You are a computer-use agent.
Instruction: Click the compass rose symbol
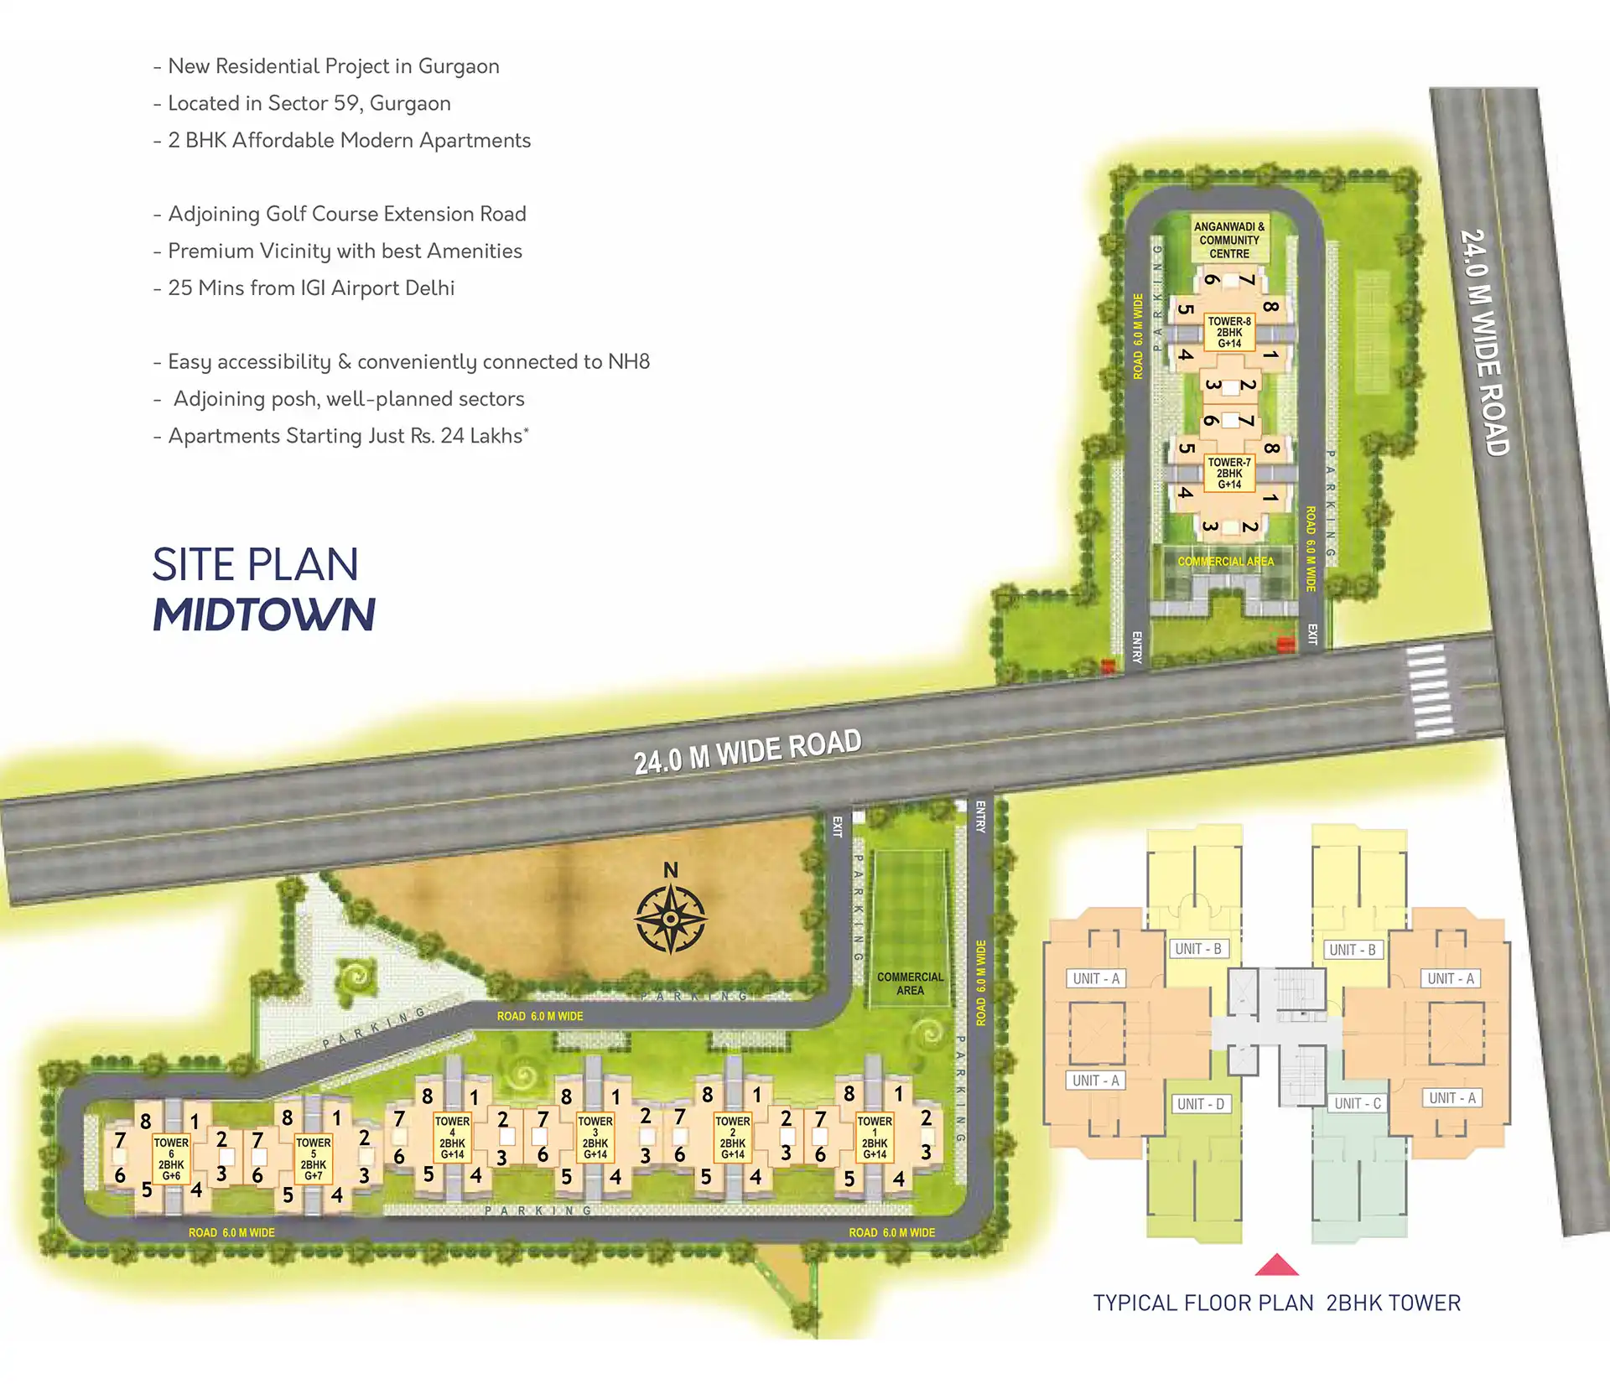pos(670,920)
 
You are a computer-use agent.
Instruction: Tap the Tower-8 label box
pos(1229,333)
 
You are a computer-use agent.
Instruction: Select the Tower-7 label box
pos(1229,474)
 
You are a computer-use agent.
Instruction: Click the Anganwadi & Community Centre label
pos(1229,240)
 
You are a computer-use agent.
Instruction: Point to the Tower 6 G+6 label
pos(171,1159)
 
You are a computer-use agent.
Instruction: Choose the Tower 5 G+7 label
pos(314,1159)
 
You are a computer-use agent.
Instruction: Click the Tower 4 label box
pos(452,1138)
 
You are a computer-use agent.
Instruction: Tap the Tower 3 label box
pos(595,1138)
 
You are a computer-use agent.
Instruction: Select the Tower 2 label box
pos(733,1138)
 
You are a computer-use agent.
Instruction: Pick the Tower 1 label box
pos(875,1138)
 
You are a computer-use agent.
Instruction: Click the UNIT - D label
pos(1201,1104)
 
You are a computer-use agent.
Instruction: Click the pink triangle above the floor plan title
pos(1276,1265)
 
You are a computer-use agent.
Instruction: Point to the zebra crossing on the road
pos(1430,692)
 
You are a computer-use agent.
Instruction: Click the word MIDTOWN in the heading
pos(264,614)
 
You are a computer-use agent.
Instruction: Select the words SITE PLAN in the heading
pos(255,564)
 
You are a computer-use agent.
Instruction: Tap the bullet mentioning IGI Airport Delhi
pos(311,288)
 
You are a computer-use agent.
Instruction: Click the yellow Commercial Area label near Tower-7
pos(1225,561)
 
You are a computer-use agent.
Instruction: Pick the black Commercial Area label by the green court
pos(910,983)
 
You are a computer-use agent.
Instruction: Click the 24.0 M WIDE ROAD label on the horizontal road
pos(747,751)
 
